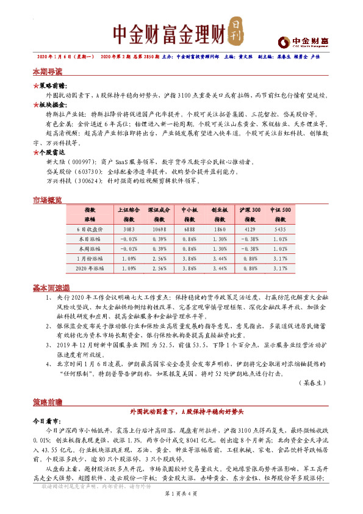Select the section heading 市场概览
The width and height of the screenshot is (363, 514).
tap(48, 200)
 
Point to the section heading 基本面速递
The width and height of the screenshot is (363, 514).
tap(51, 288)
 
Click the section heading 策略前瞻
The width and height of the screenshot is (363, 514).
tap(48, 403)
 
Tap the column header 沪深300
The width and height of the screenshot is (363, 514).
tap(250, 210)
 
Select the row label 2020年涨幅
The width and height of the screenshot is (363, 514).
tap(90, 267)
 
